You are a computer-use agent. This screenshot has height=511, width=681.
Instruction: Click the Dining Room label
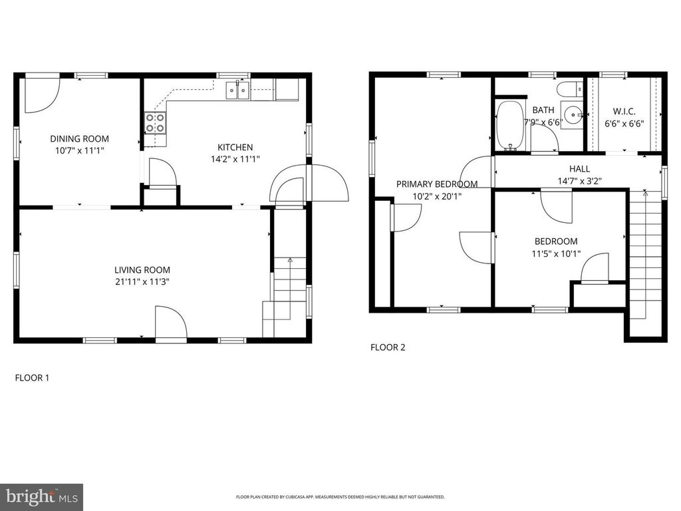[x=80, y=139]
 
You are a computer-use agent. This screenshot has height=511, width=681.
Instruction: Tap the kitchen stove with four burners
[x=156, y=122]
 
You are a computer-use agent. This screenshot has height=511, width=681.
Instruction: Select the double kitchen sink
[x=237, y=90]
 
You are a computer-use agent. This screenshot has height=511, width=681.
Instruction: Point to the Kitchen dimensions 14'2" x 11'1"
[x=235, y=159]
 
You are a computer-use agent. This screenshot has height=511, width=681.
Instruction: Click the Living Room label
[x=142, y=270]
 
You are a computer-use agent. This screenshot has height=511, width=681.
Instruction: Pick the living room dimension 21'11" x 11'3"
[x=142, y=281]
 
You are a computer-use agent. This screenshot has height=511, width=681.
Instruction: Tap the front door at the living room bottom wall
[x=171, y=323]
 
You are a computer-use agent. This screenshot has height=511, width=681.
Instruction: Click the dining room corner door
[x=42, y=94]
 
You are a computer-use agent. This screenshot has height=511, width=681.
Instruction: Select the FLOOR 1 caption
[x=32, y=378]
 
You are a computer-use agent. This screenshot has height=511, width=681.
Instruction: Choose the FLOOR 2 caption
[x=388, y=347]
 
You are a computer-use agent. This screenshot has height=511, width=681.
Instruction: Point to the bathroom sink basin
[x=573, y=114]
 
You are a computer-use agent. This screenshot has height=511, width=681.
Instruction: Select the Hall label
[x=580, y=168]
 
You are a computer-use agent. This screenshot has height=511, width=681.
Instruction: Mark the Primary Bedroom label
[x=437, y=184]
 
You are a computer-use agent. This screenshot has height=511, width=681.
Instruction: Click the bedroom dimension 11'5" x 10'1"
[x=556, y=254]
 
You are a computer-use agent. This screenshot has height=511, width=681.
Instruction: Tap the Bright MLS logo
[x=42, y=496]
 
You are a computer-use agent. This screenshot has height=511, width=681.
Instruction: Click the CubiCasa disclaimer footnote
[x=340, y=496]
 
